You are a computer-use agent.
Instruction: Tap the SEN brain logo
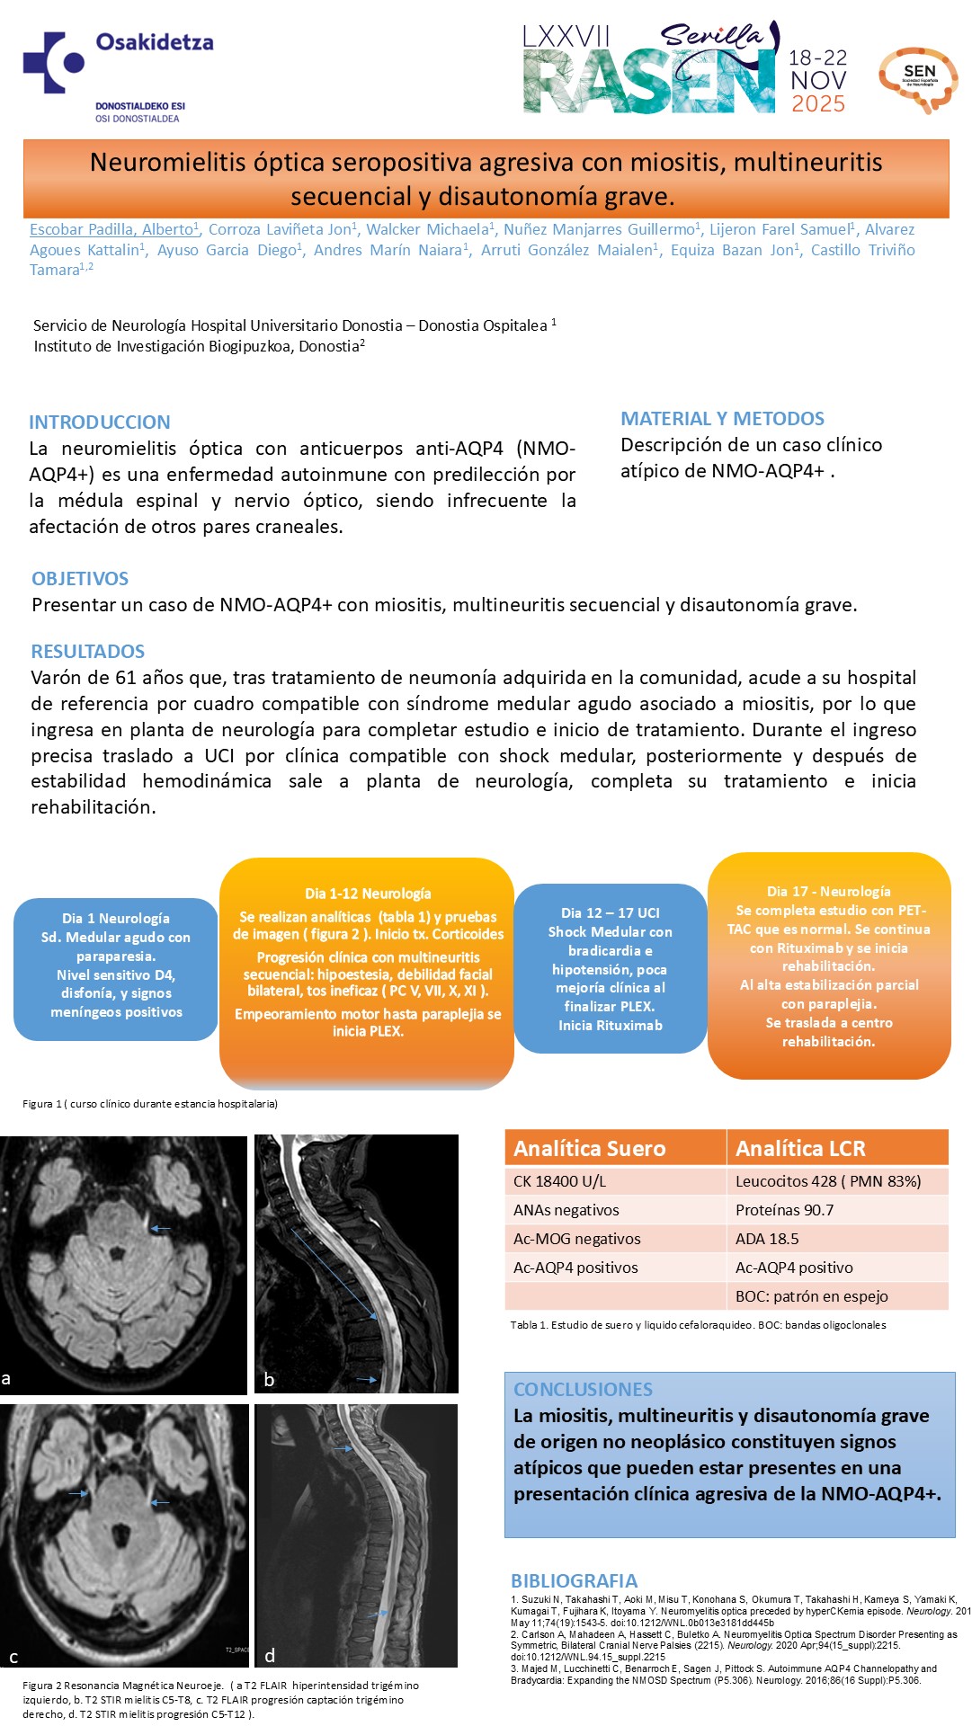918,79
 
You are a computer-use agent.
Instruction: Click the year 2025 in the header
818,104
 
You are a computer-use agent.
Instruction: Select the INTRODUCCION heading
100,423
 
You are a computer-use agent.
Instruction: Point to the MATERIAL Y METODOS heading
722,419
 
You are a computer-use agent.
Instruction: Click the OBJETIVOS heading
80,579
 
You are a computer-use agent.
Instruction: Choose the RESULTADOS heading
88,652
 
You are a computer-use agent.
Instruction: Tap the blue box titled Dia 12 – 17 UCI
611,968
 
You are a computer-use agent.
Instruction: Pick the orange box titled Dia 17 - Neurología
829,965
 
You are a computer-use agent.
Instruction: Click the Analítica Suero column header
590,1148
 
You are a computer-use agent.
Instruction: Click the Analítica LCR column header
800,1148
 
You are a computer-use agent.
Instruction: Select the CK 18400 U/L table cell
560,1181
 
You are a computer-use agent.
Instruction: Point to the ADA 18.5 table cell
767,1239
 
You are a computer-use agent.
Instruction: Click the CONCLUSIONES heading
583,1390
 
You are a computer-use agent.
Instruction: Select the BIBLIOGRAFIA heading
574,1581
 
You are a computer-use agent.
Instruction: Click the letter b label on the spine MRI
269,1380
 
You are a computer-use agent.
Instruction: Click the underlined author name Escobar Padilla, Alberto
112,230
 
